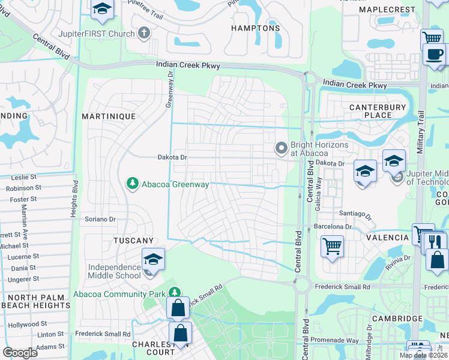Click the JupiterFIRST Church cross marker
tap(144, 33)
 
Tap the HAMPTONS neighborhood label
tap(256, 28)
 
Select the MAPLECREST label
tap(387, 10)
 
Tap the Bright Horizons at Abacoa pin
tap(281, 148)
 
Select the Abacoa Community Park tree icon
tap(175, 292)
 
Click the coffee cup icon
tap(433, 53)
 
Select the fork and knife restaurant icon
tap(435, 242)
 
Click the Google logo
tap(20, 353)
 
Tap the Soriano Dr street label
tap(100, 220)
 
